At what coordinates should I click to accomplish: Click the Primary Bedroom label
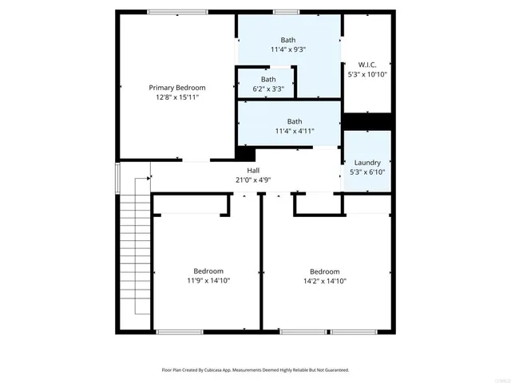[x=177, y=87]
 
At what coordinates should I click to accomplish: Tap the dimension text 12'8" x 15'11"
[x=177, y=97]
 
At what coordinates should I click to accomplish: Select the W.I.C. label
[x=367, y=65]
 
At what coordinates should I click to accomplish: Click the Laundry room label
[x=367, y=162]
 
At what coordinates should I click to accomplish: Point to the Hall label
[x=253, y=171]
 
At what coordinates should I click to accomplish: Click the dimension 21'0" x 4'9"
[x=253, y=180]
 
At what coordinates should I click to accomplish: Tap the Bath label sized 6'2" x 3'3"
[x=268, y=79]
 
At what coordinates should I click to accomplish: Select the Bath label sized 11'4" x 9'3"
[x=288, y=40]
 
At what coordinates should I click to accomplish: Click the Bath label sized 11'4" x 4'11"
[x=288, y=121]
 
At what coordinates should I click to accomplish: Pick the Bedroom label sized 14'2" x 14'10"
[x=325, y=271]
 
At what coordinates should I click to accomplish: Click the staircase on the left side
[x=133, y=247]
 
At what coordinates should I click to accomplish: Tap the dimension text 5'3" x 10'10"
[x=367, y=74]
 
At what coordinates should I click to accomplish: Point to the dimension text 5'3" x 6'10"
[x=367, y=172]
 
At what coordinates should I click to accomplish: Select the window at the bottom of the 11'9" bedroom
[x=180, y=331]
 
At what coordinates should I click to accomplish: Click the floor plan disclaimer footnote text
[x=255, y=370]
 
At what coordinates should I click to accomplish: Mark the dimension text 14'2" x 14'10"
[x=325, y=281]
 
